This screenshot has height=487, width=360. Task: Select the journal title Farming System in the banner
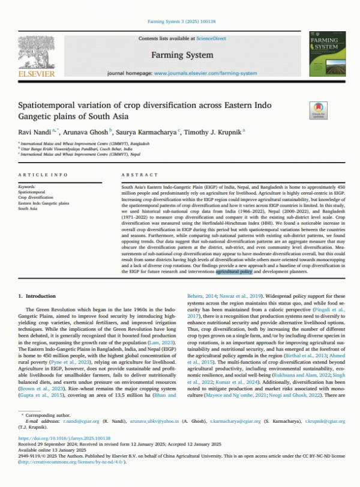(x=182, y=55)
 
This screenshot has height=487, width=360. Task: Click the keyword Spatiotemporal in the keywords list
(x=31, y=192)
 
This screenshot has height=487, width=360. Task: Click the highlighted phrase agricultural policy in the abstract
(x=234, y=272)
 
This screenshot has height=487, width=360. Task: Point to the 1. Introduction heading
(x=37, y=297)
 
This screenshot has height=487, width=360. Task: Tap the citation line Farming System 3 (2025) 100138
(x=179, y=22)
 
